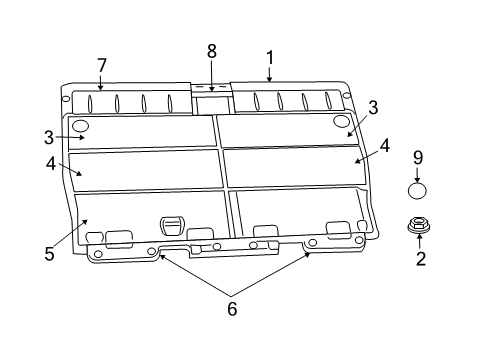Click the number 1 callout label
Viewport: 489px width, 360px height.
[x=268, y=57]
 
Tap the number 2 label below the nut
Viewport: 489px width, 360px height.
[x=420, y=259]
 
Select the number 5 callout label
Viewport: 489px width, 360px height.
[x=49, y=254]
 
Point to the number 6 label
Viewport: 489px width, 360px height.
[x=232, y=309]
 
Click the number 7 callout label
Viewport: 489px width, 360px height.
[x=101, y=65]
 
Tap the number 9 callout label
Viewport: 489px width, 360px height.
[x=418, y=157]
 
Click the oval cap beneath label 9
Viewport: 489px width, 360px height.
[x=418, y=190]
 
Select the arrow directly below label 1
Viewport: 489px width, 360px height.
[x=268, y=73]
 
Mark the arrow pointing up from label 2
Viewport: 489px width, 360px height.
[x=419, y=243]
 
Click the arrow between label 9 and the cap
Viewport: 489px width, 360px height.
[x=418, y=173]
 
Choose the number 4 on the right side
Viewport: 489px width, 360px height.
[x=385, y=145]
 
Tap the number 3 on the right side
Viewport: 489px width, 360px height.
[x=372, y=107]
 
